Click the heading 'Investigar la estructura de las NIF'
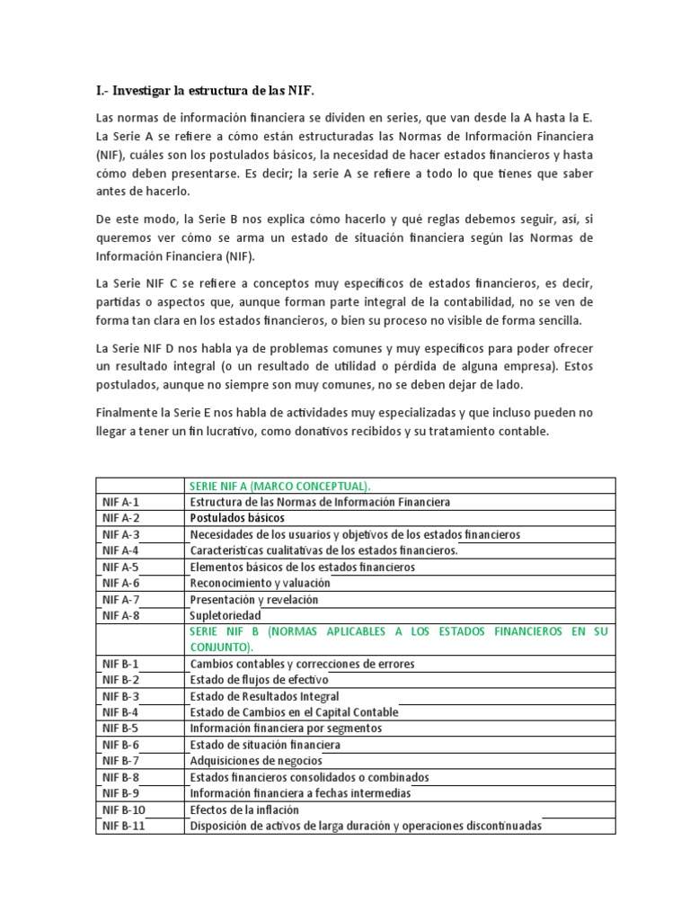click(x=206, y=91)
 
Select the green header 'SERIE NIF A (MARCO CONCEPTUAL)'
click(x=280, y=487)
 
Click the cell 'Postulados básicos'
click(x=237, y=518)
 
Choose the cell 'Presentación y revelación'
click(x=254, y=599)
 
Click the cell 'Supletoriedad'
click(x=226, y=615)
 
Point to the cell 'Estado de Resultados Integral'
click(x=264, y=696)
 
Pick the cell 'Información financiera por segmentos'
click(x=286, y=729)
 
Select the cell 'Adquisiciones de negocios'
click(x=256, y=761)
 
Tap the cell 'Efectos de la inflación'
click(x=245, y=809)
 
